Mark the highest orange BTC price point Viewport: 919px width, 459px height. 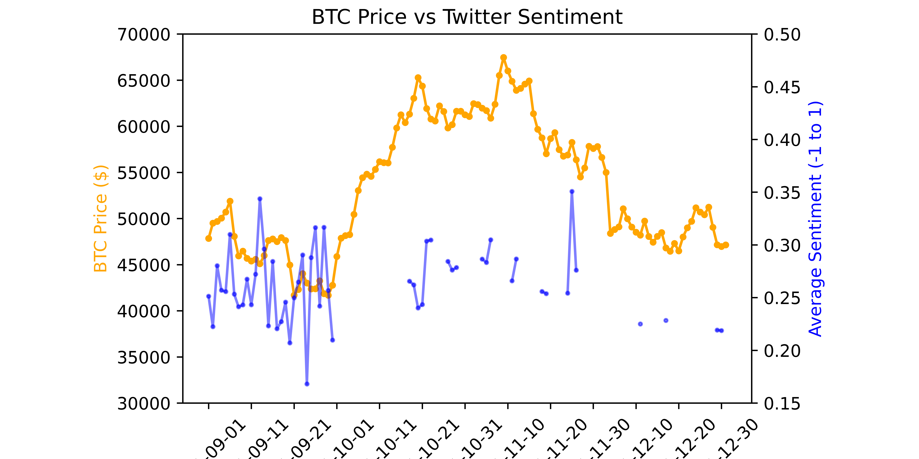[503, 57]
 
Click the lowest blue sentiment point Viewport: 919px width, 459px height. [307, 384]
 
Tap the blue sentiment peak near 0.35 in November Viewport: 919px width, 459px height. [572, 191]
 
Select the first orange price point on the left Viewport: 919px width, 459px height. [209, 238]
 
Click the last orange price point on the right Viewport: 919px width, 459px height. [726, 245]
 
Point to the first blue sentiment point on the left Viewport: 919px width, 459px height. [209, 296]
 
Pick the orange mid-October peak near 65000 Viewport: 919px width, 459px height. [418, 78]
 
